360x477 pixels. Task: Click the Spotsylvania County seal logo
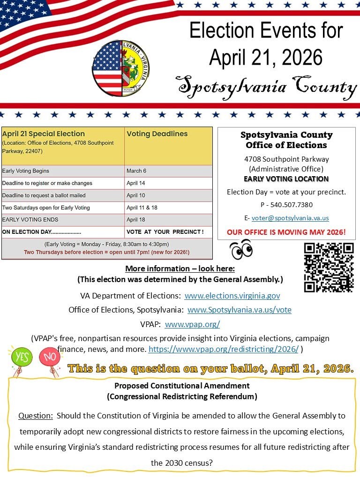click(x=120, y=68)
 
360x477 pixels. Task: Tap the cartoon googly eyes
click(x=241, y=249)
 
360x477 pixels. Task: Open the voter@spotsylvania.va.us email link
click(x=290, y=218)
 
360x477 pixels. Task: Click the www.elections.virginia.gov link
click(x=232, y=296)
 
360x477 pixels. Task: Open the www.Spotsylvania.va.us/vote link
click(x=239, y=310)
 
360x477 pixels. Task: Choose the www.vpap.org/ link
click(x=192, y=324)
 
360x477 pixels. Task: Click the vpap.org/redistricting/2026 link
click(x=223, y=349)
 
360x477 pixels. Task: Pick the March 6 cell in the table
click(x=136, y=171)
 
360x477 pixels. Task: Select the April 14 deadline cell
click(x=136, y=183)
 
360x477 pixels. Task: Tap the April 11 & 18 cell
click(x=142, y=208)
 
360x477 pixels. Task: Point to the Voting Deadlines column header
click(x=157, y=134)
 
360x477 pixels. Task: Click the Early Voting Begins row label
click(x=26, y=171)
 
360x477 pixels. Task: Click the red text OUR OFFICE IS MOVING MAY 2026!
click(x=286, y=232)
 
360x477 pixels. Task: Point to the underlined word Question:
click(x=35, y=416)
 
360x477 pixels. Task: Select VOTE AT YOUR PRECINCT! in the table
click(x=165, y=232)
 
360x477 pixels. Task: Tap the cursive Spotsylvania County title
click(x=266, y=87)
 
